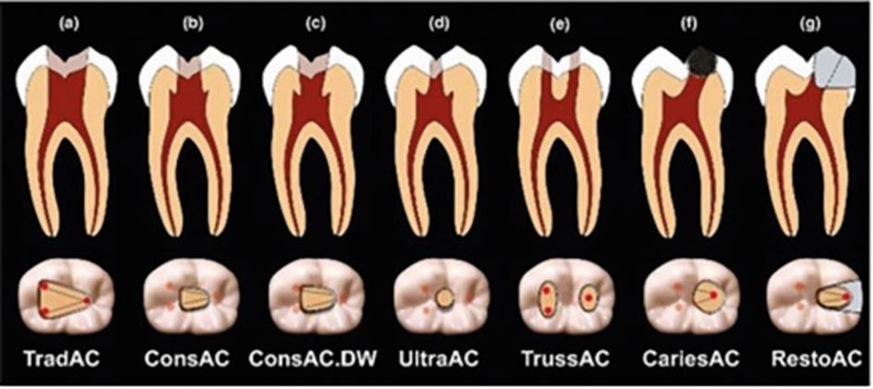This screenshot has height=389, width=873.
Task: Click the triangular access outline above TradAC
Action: pos(62,298)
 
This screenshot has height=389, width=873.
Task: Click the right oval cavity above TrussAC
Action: pos(588,298)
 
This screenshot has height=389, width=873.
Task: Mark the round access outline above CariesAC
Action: pos(704,298)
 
